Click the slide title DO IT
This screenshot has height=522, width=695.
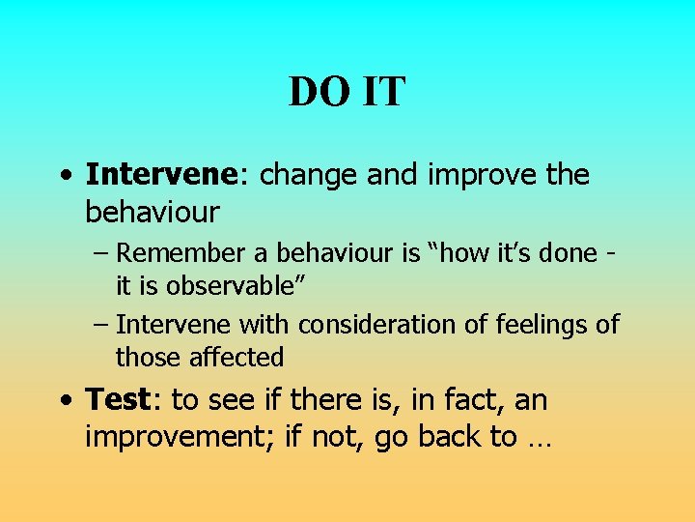tap(347, 93)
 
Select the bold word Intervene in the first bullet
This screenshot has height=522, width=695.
tap(160, 175)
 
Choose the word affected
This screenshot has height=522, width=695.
tap(236, 358)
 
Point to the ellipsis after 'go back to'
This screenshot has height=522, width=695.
tap(539, 440)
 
